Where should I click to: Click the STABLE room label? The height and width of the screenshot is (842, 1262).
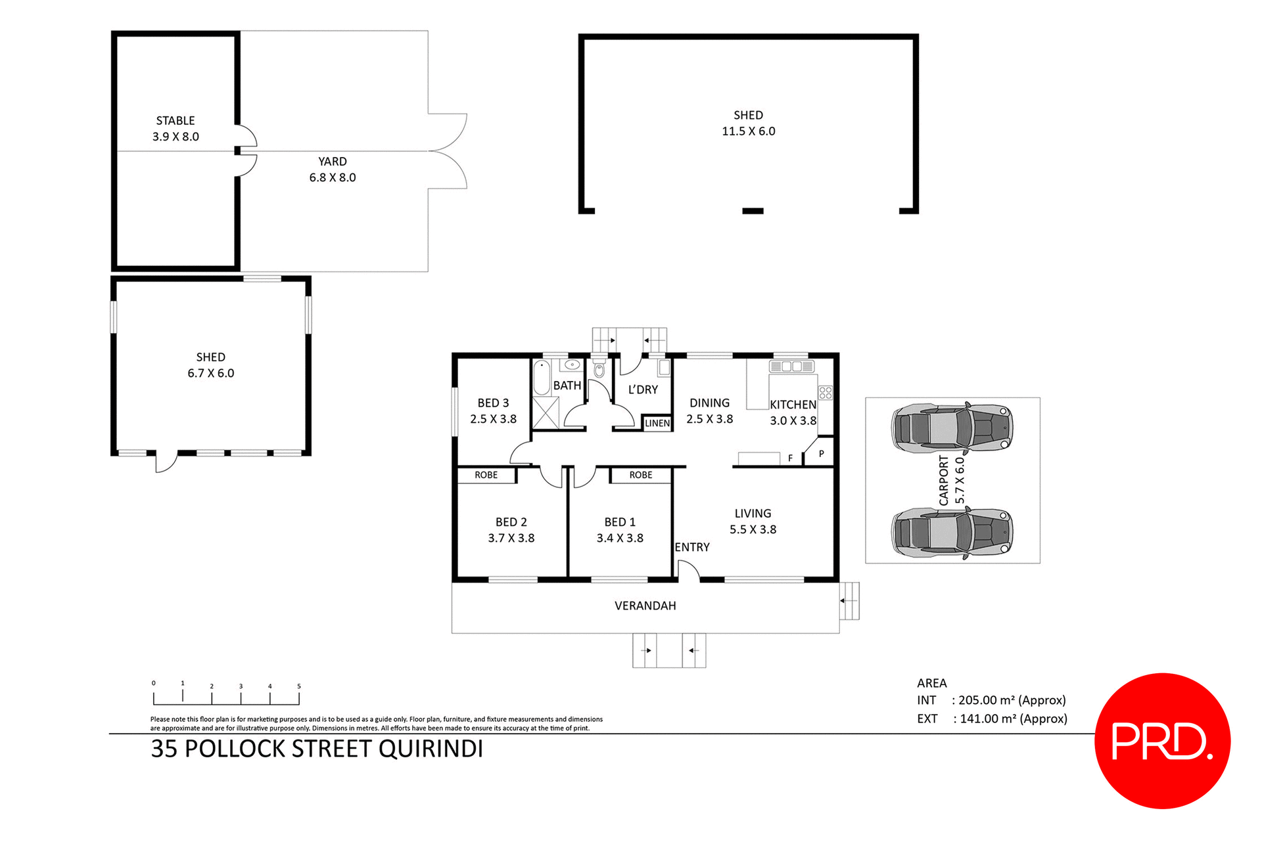pos(175,121)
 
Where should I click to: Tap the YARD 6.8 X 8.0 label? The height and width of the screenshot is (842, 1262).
pos(333,169)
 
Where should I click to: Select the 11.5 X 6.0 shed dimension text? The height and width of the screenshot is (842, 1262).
pos(748,131)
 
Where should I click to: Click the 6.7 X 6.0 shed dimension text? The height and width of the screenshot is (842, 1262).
pos(210,373)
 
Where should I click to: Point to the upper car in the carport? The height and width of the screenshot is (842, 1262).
pos(952,428)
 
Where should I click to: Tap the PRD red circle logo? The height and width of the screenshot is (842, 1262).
pos(1162,740)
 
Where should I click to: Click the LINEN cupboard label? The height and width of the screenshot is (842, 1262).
pos(657,424)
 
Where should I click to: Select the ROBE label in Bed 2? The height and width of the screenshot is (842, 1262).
pos(486,475)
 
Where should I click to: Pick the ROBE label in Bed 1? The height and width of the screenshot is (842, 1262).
pos(641,475)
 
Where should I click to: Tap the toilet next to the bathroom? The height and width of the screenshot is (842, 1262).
pos(599,370)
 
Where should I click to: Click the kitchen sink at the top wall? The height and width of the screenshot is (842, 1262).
pos(791,366)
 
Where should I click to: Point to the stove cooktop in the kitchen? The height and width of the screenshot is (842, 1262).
pos(826,393)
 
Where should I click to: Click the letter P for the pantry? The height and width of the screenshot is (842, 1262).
pos(821,454)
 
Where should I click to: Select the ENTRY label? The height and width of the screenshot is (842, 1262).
pos(692,547)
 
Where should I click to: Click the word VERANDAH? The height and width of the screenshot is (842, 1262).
pos(645,606)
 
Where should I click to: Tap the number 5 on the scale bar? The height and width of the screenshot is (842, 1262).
pos(299,686)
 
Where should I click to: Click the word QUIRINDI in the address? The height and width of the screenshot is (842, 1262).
pos(431,749)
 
